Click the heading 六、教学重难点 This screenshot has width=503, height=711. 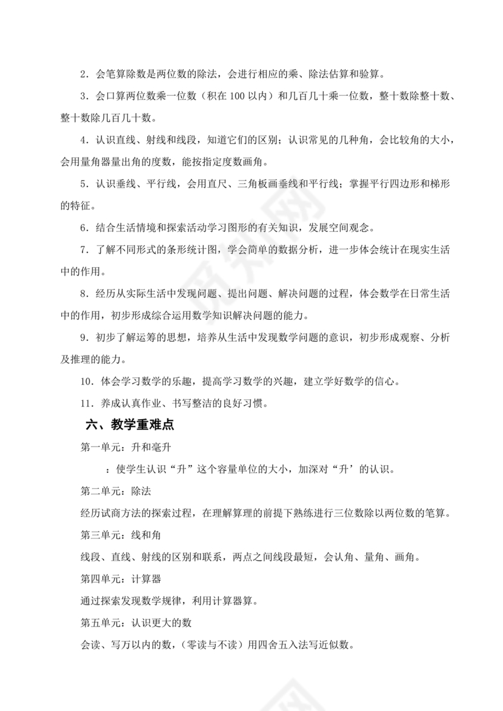[130, 425]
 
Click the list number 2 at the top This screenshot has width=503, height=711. [84, 74]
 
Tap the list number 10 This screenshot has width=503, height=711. [87, 382]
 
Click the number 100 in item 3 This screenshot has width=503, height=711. [238, 96]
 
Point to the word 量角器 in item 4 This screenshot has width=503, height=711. [110, 162]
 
